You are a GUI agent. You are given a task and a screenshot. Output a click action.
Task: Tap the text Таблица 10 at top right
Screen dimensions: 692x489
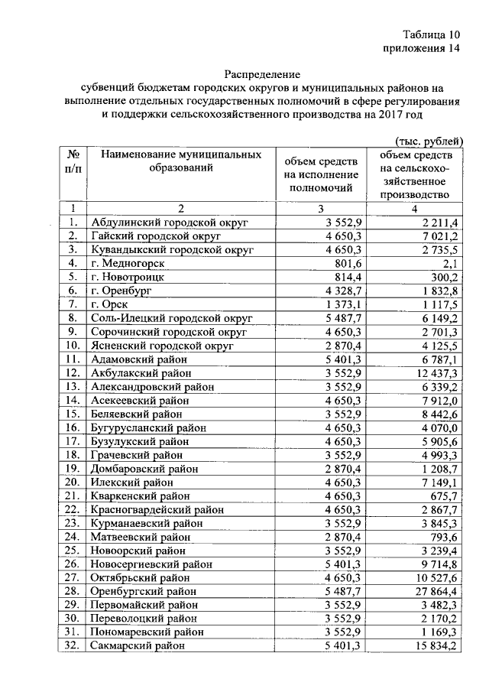(432, 35)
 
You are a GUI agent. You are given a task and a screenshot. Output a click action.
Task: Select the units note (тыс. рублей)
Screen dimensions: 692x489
(429, 141)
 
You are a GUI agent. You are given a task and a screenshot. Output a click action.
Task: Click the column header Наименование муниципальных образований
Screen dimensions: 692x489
(176, 161)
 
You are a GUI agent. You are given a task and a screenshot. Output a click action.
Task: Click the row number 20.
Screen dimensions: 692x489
(73, 482)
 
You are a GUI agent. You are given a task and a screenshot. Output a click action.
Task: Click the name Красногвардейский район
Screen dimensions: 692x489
(157, 509)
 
